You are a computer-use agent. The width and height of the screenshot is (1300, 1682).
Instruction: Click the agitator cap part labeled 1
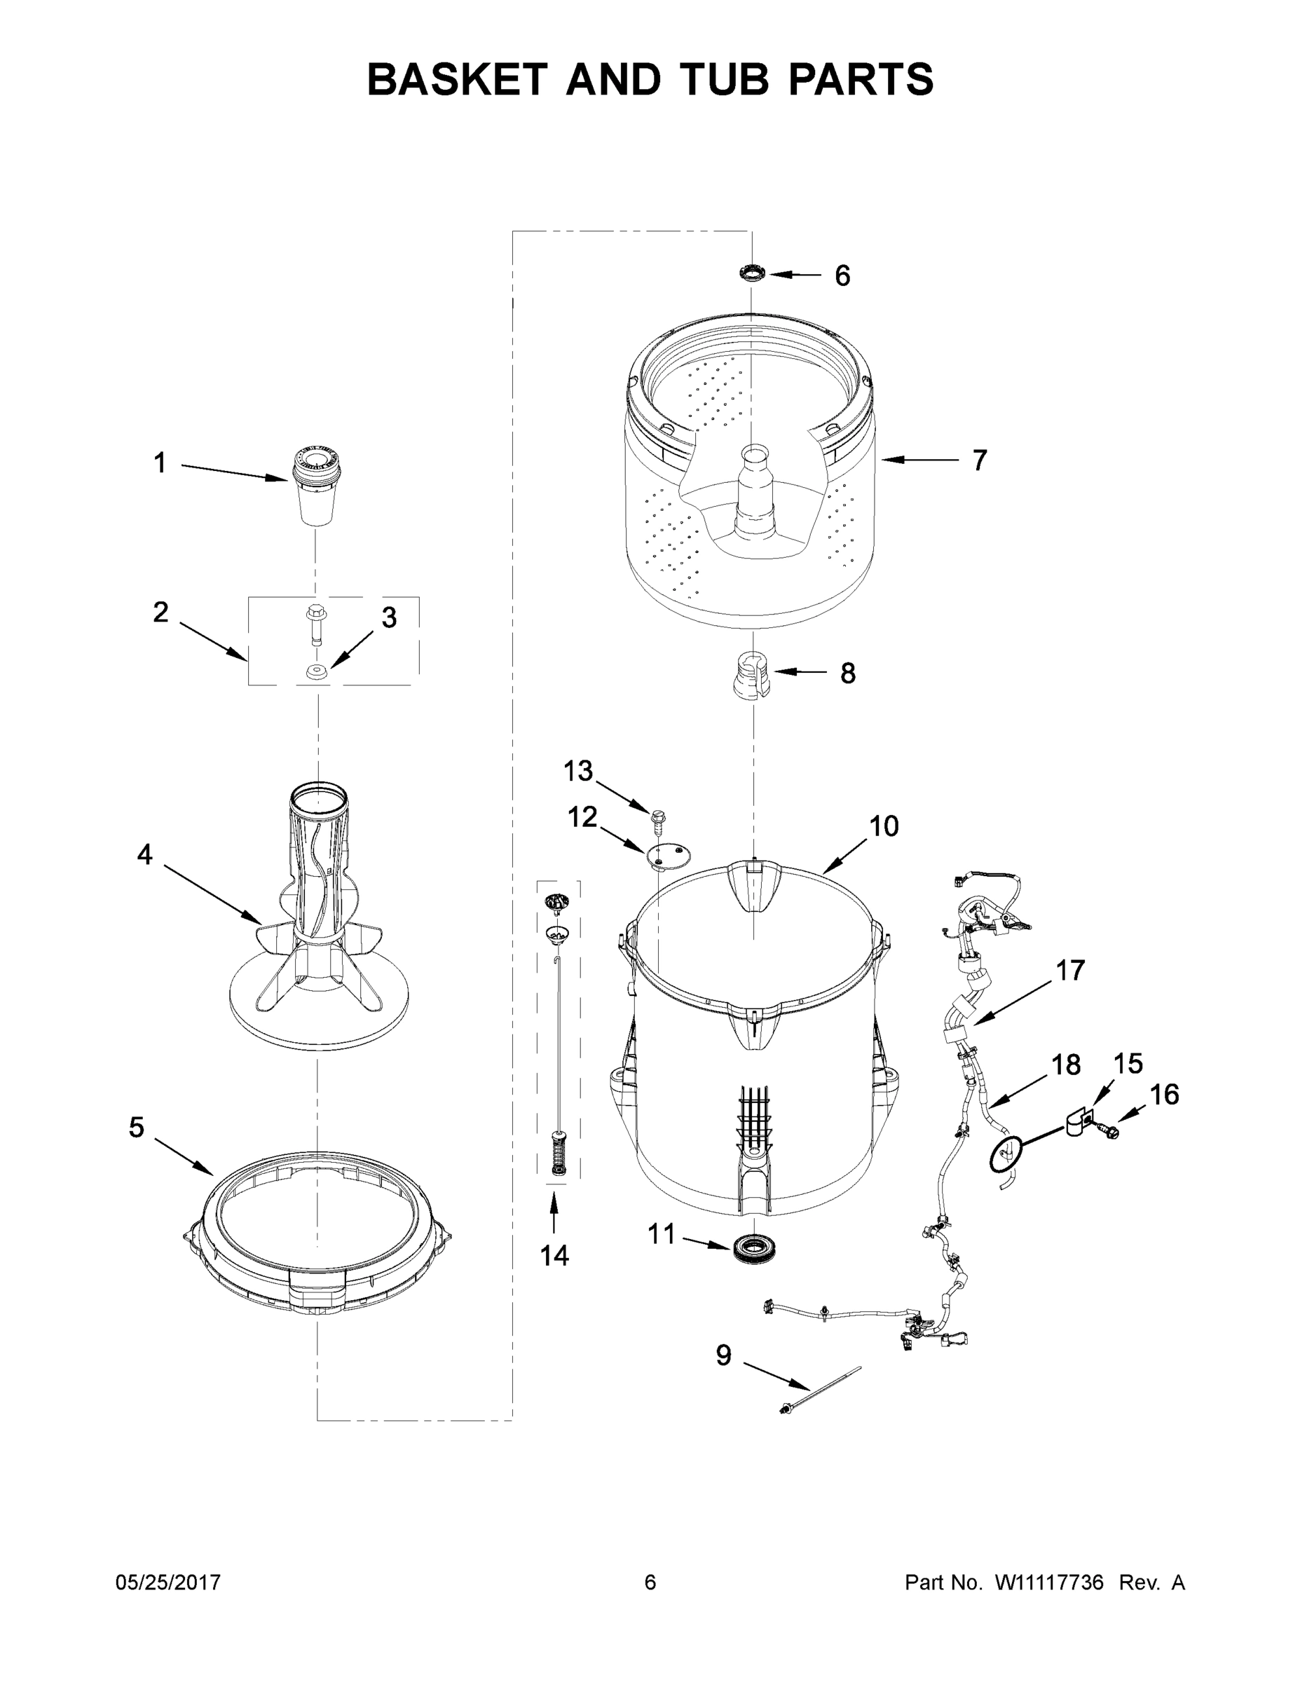[317, 488]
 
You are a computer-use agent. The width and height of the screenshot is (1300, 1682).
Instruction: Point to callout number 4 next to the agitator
[145, 854]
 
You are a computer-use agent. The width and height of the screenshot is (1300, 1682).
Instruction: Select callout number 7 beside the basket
[979, 460]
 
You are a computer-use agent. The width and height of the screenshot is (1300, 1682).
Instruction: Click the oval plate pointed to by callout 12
[668, 854]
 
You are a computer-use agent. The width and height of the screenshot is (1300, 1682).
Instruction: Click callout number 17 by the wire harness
[1069, 971]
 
